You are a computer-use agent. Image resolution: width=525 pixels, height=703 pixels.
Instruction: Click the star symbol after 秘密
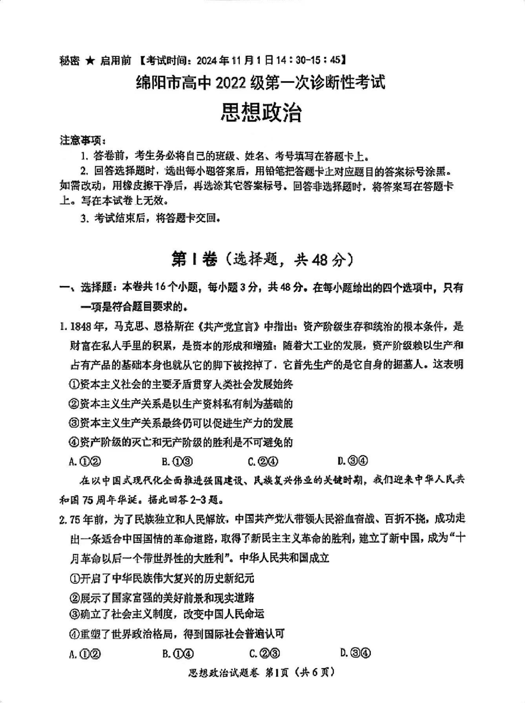[90, 60]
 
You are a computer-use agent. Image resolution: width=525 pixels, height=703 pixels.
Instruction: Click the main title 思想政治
[261, 113]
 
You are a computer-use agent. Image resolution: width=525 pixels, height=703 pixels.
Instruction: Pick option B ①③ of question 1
[177, 461]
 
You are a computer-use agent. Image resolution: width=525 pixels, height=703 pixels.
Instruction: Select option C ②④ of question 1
[263, 461]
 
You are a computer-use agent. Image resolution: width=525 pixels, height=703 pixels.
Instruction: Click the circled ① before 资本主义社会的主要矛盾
[74, 385]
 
